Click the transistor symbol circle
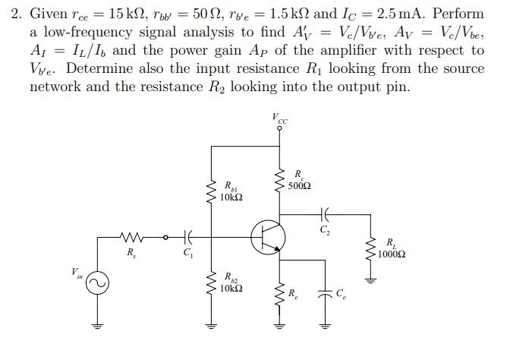(267, 237)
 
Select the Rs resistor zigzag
(134, 237)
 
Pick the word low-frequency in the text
(80, 32)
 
